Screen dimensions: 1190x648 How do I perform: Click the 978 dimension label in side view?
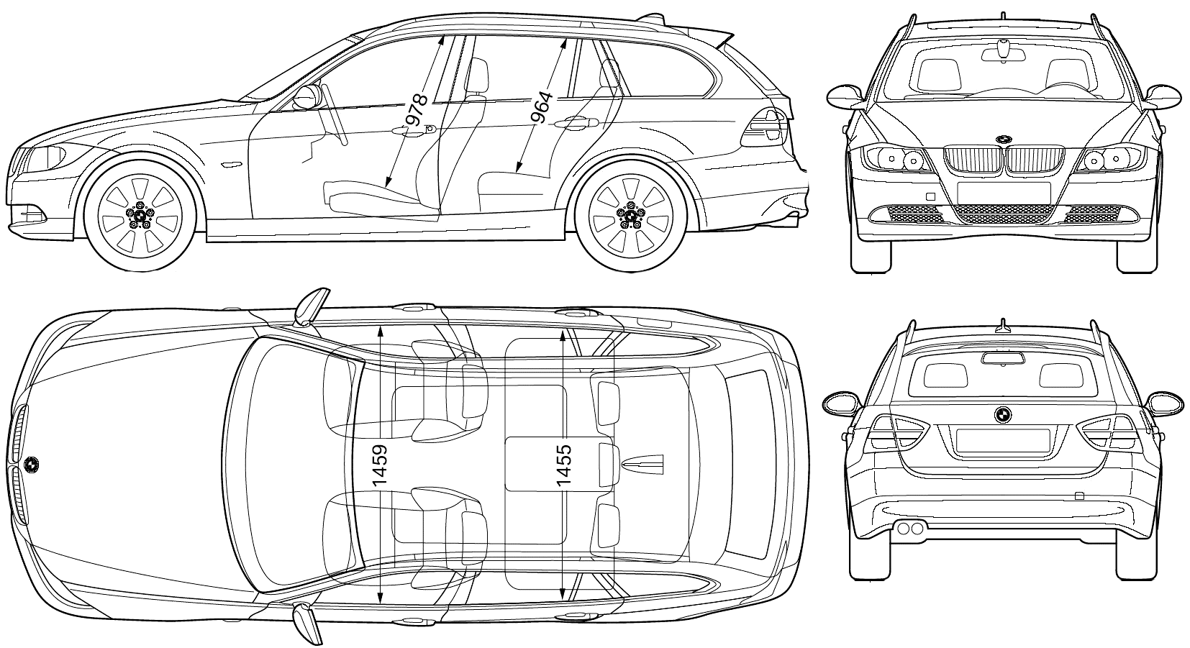tap(416, 110)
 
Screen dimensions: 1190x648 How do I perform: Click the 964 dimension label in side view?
tap(542, 108)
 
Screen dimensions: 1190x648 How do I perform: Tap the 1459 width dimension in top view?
tap(380, 466)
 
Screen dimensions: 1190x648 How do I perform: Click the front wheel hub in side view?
tap(140, 214)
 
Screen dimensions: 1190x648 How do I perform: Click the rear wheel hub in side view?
tap(630, 214)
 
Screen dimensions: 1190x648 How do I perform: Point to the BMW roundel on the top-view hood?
tap(32, 465)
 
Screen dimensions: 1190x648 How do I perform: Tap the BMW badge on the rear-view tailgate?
tap(1002, 415)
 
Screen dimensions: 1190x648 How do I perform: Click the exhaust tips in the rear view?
tap(909, 528)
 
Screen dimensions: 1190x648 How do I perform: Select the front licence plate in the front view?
tap(1004, 192)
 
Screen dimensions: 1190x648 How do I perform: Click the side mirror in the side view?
tap(308, 97)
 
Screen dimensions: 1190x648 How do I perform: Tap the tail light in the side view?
tap(763, 127)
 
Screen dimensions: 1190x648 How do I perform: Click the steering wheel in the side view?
tap(335, 114)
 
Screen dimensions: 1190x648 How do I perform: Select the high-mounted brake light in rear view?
tap(1003, 358)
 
